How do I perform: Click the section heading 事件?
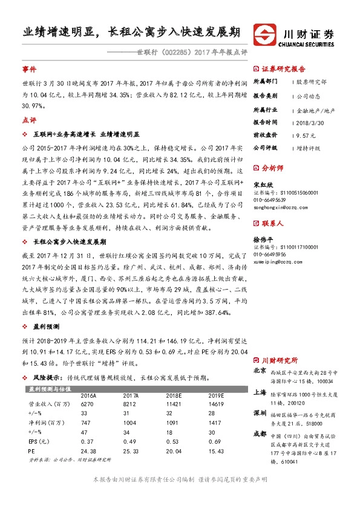(x=30, y=69)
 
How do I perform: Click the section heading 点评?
(x=30, y=120)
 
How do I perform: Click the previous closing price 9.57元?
(x=306, y=135)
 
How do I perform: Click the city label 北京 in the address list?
(x=260, y=371)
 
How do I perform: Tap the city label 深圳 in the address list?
(x=260, y=413)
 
